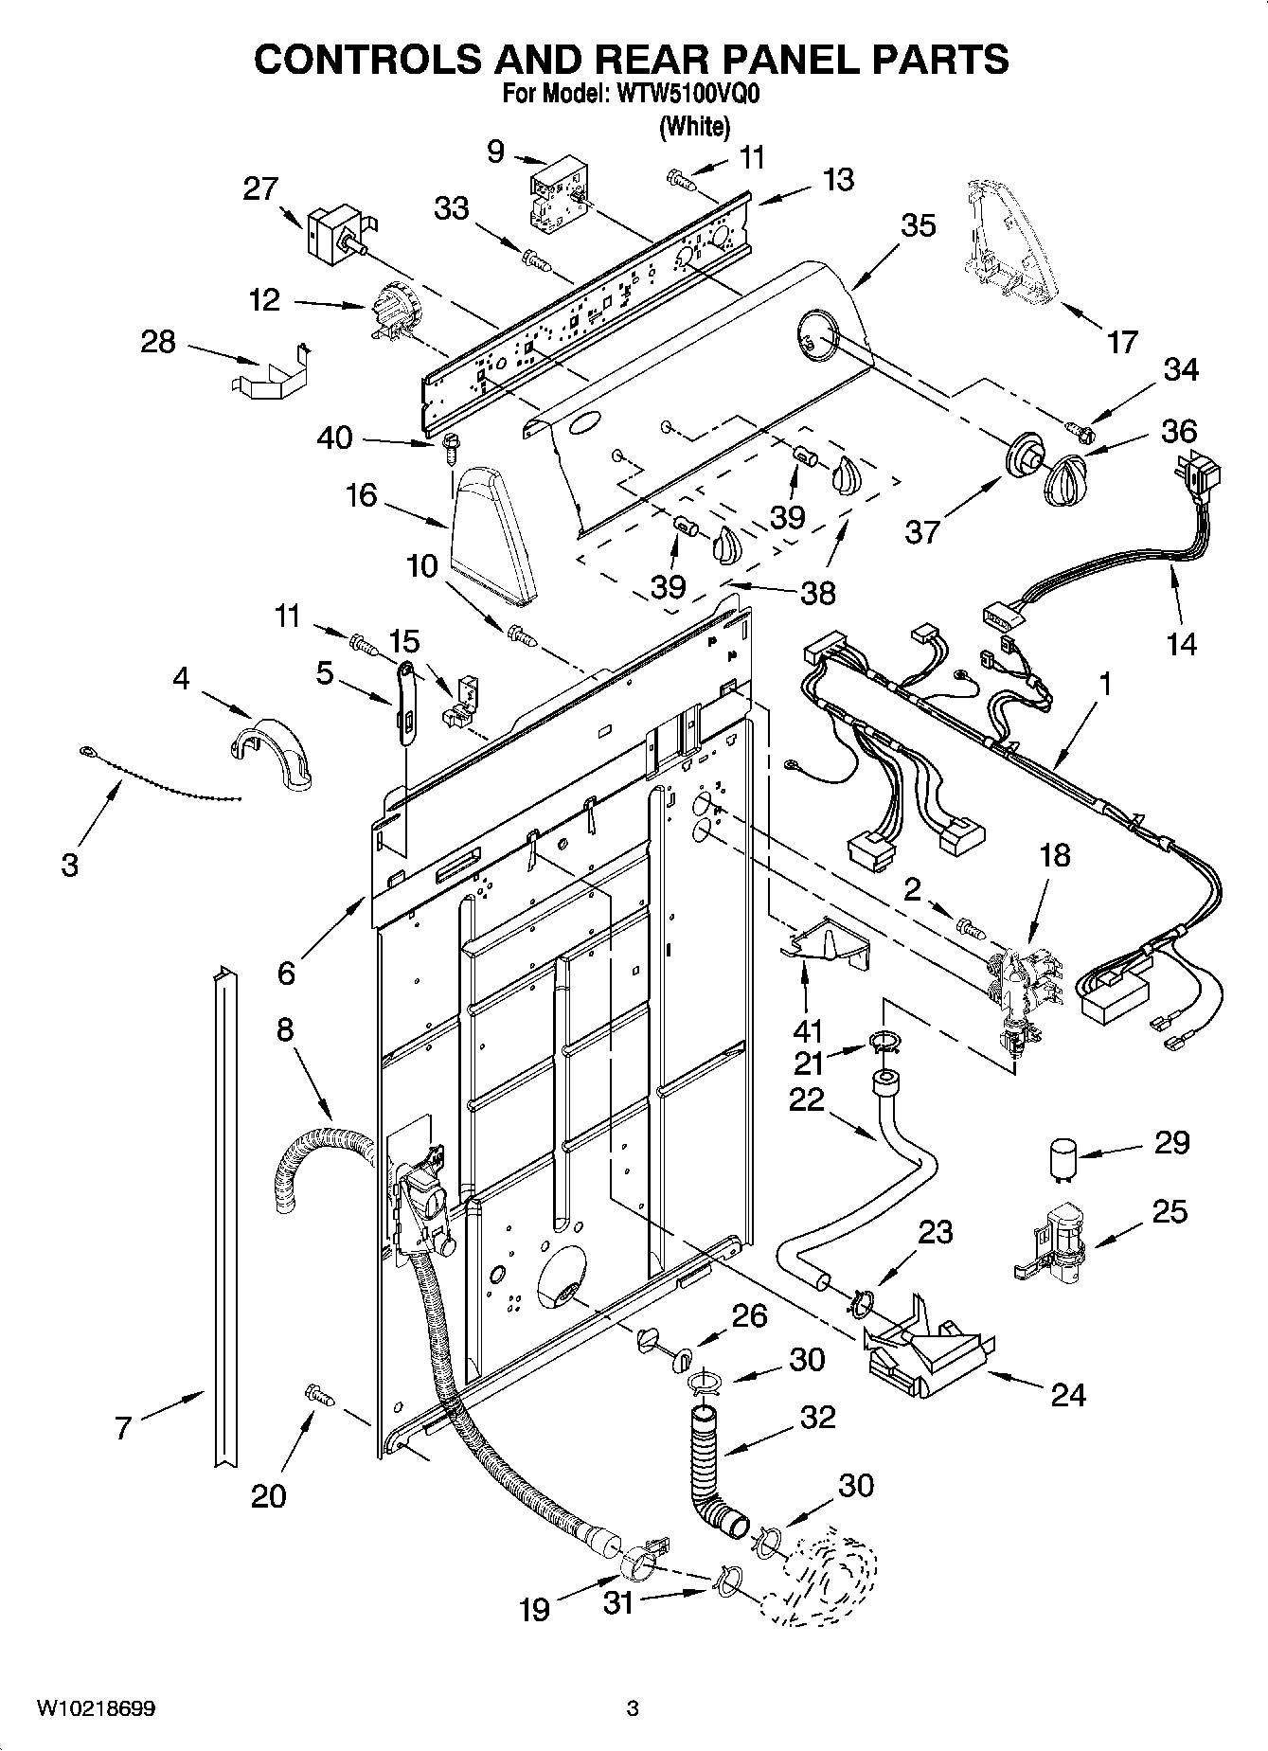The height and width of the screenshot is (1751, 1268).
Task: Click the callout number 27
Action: pos(259,188)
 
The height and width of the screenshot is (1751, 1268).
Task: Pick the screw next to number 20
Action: pos(319,1393)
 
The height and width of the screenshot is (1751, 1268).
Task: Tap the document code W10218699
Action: pos(96,1709)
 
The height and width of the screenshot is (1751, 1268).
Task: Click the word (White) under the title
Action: pos(694,126)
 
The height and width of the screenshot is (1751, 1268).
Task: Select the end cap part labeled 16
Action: pos(493,535)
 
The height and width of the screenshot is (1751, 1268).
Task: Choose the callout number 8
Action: pos(285,1029)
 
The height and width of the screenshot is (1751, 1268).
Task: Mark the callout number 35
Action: pos(918,225)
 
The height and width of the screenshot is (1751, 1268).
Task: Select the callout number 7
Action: pos(123,1427)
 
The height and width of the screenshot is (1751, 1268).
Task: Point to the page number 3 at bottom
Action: pos(633,1709)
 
